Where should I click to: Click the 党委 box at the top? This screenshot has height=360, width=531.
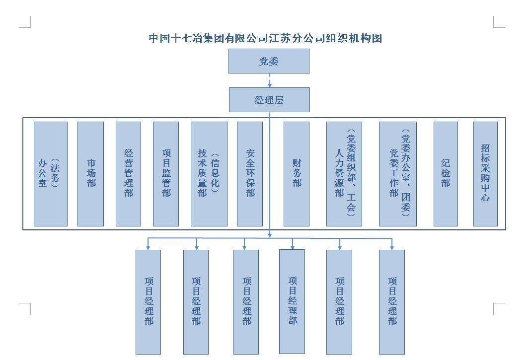269,61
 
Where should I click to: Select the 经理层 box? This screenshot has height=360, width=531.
269,100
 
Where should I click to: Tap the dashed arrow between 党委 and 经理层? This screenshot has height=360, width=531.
270,80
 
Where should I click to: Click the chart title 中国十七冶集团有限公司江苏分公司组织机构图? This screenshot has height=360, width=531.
265,38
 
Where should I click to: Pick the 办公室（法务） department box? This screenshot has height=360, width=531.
51,174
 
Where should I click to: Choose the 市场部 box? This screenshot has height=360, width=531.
90,174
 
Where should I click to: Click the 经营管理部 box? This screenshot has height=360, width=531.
128,174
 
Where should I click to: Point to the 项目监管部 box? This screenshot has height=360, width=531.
166,174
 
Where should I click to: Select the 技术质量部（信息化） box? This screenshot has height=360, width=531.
209,174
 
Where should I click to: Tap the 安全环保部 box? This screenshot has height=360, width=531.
250,174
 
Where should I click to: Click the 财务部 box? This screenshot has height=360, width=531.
297,174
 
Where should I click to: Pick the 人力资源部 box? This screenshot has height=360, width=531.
344,174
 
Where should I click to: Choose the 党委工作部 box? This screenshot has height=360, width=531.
398,174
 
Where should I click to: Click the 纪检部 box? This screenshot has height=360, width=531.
446,174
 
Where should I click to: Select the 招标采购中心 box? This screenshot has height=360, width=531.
485,174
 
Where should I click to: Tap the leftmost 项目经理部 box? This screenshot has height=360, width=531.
149,302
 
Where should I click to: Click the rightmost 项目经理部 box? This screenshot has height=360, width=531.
392,302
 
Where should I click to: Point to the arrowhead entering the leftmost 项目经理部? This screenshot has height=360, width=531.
148,248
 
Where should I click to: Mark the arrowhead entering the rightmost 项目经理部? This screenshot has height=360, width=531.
392,248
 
